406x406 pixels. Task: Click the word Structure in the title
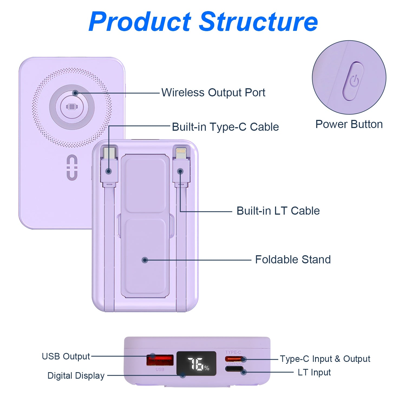tap(258, 22)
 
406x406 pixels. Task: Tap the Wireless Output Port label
tap(213, 93)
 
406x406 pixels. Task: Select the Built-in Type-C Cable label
tap(225, 127)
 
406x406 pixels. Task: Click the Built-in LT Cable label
tap(278, 211)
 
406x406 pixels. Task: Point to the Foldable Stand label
tap(293, 260)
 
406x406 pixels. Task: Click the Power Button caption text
tap(349, 125)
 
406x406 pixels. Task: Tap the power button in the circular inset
tap(353, 81)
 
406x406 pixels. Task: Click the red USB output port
tap(160, 360)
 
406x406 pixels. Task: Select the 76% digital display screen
tap(197, 364)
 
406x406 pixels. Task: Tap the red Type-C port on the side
tap(234, 359)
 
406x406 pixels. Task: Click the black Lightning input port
tap(234, 369)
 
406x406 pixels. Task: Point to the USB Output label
tap(66, 356)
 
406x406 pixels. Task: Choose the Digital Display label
tap(76, 376)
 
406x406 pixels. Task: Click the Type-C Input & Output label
tap(325, 359)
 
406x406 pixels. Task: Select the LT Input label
tap(314, 372)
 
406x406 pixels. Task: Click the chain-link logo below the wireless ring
tap(72, 167)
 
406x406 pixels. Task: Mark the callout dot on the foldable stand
tap(145, 260)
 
